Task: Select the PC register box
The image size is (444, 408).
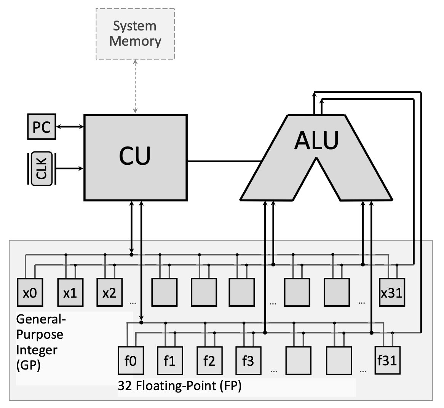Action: tap(42, 127)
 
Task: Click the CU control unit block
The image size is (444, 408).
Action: tap(135, 157)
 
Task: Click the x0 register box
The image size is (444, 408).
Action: tap(30, 293)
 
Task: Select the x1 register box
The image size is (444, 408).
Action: tap(70, 293)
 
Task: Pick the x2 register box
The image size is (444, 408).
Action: tap(109, 293)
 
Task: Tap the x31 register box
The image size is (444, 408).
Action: tap(392, 293)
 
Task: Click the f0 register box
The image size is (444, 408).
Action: tap(131, 360)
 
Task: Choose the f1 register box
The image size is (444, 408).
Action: tap(170, 360)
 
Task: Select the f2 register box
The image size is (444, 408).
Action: tap(209, 360)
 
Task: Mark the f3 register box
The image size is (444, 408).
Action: tap(248, 360)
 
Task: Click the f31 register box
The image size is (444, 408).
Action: tap(387, 360)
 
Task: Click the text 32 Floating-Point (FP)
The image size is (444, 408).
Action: tap(180, 386)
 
